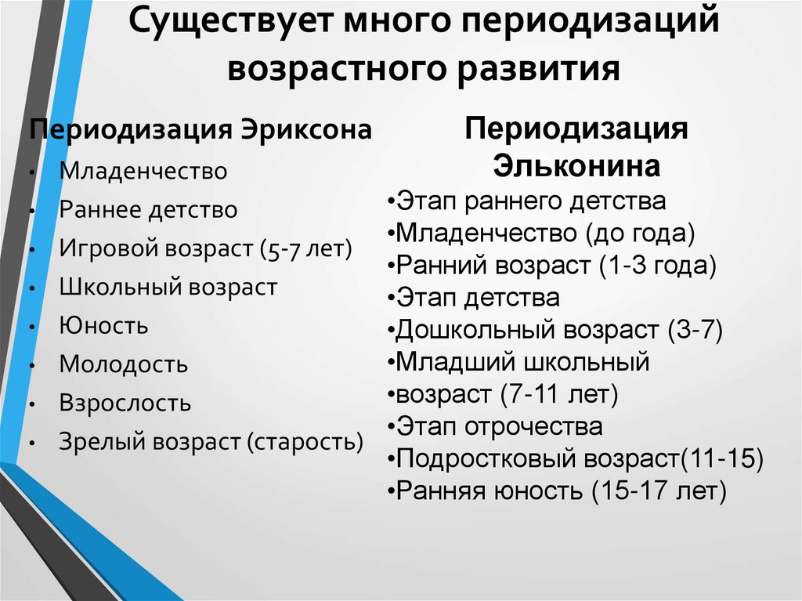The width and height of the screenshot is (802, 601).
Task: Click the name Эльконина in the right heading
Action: click(576, 166)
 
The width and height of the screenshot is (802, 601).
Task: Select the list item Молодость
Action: click(124, 364)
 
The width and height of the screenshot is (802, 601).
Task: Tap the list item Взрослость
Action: click(125, 404)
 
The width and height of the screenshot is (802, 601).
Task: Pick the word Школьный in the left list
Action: click(119, 287)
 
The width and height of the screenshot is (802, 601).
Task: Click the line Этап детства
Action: click(478, 298)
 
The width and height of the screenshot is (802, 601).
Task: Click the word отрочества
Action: click(534, 427)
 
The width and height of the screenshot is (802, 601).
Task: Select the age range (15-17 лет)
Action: click(659, 491)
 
